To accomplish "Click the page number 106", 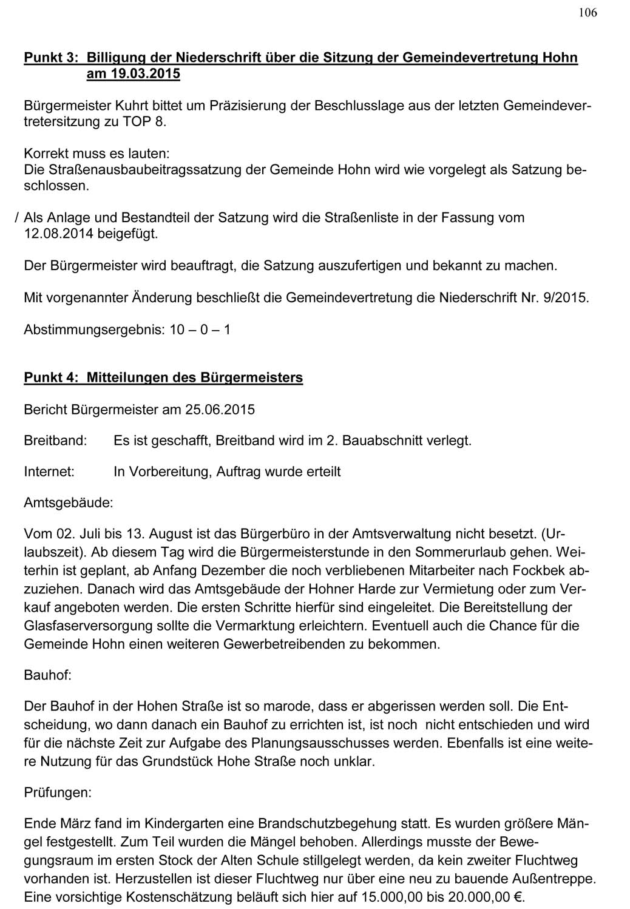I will point(588,13).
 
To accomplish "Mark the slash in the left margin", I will point(16,217).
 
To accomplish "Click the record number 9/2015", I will point(566,298).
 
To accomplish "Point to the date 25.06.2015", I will point(220,409).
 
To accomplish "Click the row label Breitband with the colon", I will point(55,441).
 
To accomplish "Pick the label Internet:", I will point(49,471).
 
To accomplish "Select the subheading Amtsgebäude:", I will point(68,503).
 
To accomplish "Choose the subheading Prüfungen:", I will point(58,792).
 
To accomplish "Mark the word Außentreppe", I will point(553,878).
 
